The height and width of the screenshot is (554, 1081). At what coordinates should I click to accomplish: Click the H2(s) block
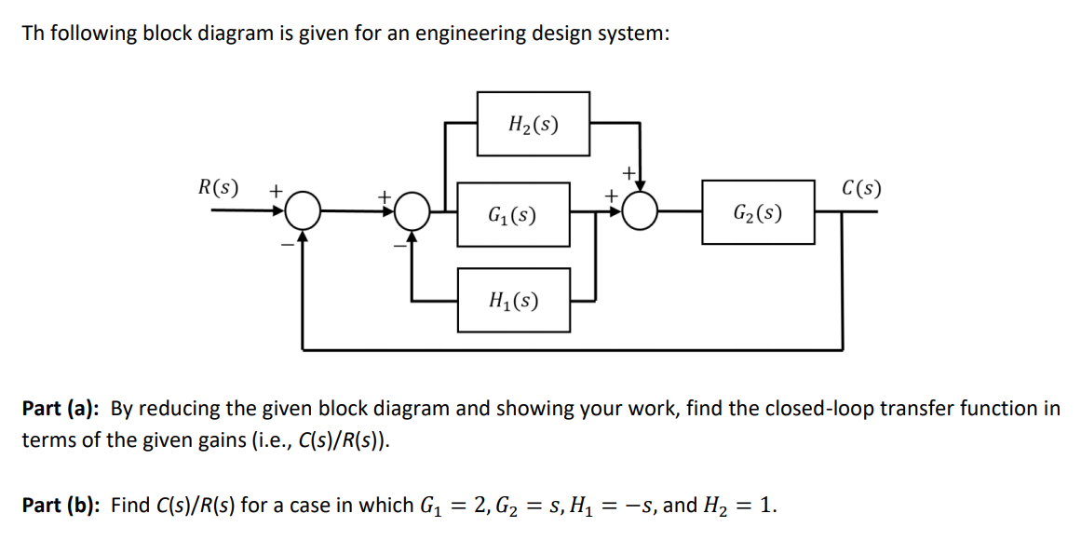[x=534, y=123]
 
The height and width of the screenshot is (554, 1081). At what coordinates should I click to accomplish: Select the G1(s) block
[x=513, y=215]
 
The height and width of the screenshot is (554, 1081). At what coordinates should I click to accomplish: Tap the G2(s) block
[x=758, y=212]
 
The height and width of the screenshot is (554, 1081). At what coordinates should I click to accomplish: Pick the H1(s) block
[x=513, y=300]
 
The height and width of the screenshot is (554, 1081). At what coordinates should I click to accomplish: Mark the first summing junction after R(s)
[x=303, y=212]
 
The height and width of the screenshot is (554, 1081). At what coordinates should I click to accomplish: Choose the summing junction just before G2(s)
[x=640, y=212]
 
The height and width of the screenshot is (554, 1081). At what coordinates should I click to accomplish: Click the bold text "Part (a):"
[x=61, y=409]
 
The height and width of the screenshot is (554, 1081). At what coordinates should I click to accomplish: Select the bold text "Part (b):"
[x=61, y=506]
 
